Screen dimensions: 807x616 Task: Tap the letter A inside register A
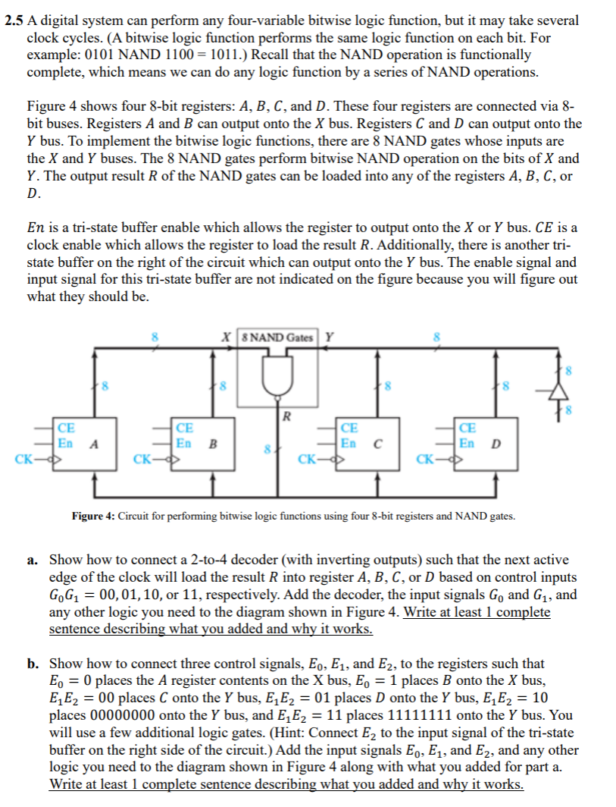coord(94,444)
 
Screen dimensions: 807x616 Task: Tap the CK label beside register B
coord(141,459)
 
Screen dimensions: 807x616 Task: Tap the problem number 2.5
coord(13,20)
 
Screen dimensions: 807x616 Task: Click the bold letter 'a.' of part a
coord(34,560)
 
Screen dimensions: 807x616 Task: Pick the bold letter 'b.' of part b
coord(34,664)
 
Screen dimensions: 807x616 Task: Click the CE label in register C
coord(349,429)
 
